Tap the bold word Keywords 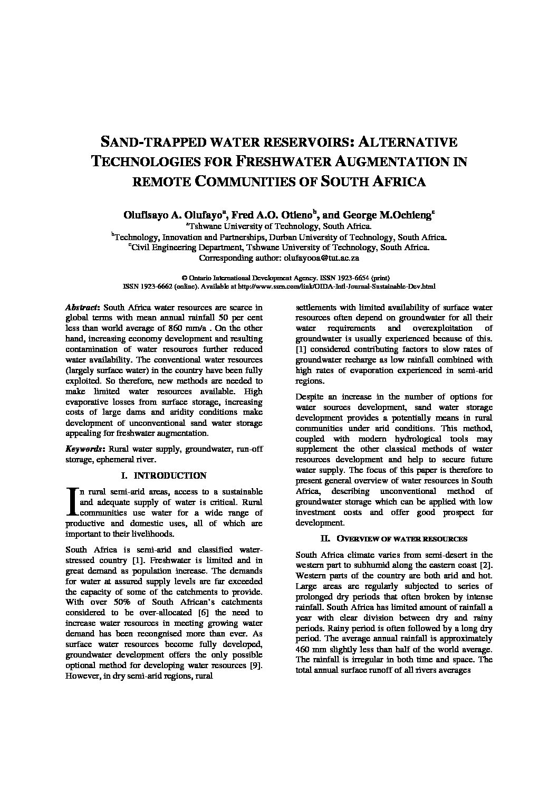coord(84,449)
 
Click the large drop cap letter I coord(72,501)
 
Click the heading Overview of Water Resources coord(401,539)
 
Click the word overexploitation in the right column coord(430,328)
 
